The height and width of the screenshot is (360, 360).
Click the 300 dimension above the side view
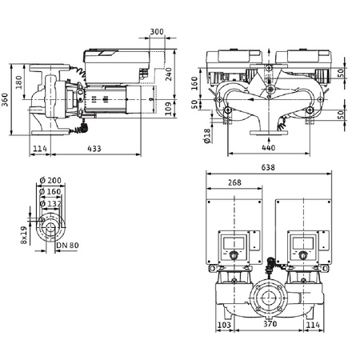tap(157, 32)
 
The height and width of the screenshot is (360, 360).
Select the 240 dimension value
tap(170, 74)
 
